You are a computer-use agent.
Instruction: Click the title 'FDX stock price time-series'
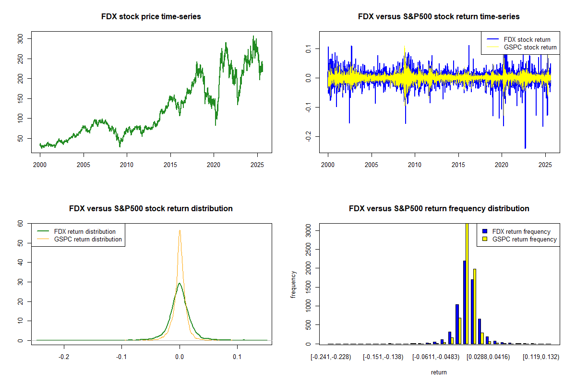151,17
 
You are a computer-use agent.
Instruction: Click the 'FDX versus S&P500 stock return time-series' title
439,17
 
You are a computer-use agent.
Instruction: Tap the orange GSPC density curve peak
180,231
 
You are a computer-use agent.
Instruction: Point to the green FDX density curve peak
180,284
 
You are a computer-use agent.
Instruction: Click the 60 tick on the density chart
20,223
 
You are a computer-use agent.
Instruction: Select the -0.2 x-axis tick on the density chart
64,357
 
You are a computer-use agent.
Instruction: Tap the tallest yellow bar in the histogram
467,283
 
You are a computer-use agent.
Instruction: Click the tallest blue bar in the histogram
464,302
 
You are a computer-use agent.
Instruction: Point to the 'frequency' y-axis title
293,284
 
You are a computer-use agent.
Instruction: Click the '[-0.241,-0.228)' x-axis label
331,357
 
